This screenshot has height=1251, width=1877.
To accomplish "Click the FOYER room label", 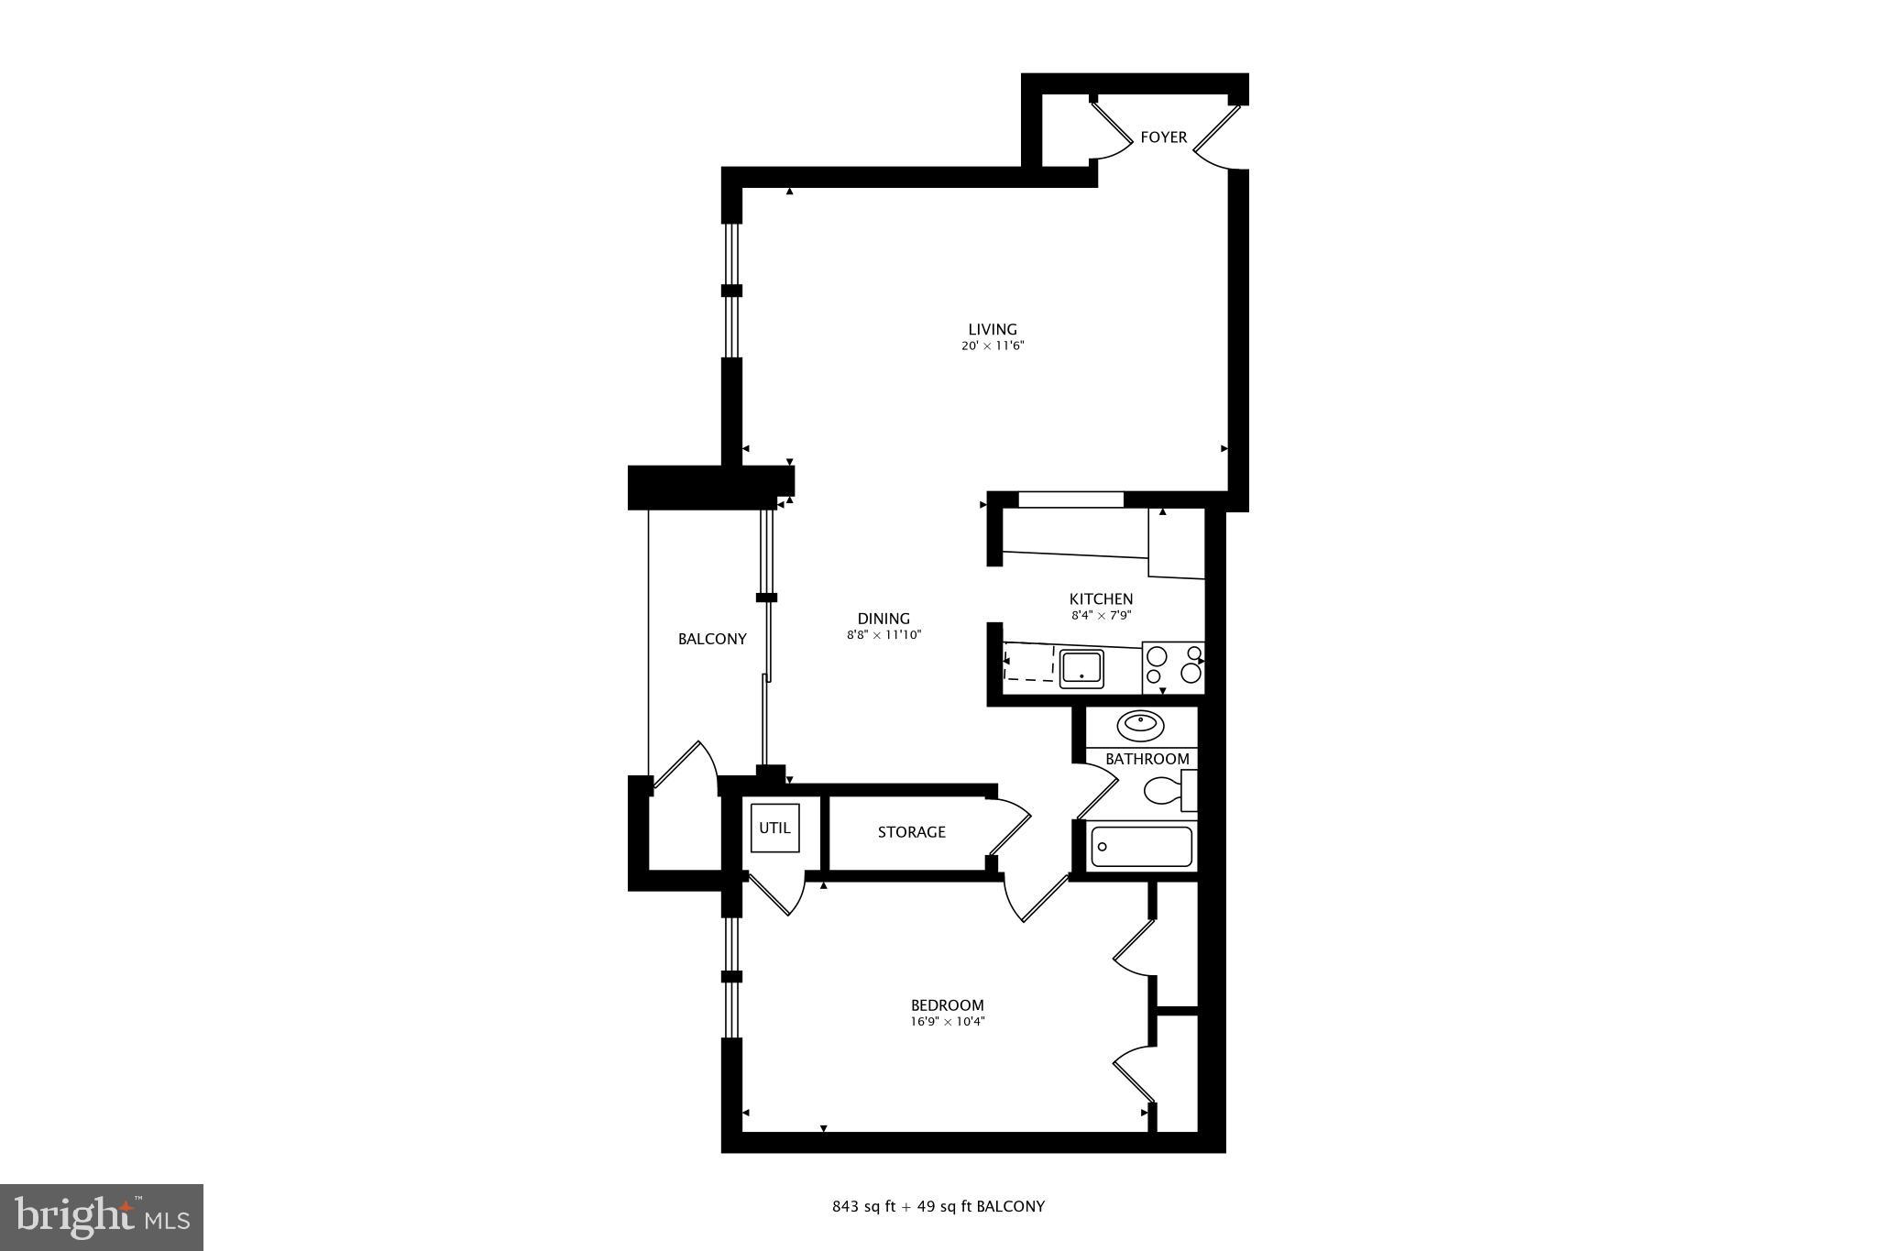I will click(1163, 137).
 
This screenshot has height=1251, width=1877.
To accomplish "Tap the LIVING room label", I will click(993, 329).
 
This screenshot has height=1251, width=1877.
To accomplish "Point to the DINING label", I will click(884, 619).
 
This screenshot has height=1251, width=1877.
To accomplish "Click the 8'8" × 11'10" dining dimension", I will click(884, 634).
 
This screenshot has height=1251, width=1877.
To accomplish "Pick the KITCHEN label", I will click(1101, 599).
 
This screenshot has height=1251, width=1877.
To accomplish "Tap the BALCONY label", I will click(712, 639).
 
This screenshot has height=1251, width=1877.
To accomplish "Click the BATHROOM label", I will click(1147, 759).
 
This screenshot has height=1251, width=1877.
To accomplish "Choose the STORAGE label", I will click(911, 832).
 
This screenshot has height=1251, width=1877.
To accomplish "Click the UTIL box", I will click(774, 828).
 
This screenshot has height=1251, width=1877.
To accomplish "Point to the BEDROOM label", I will click(947, 1005).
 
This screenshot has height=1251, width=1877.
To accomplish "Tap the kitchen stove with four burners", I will click(1173, 667).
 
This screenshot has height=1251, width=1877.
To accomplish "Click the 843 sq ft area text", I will click(864, 1207).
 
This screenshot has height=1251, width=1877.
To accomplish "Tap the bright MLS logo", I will click(102, 1217).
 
